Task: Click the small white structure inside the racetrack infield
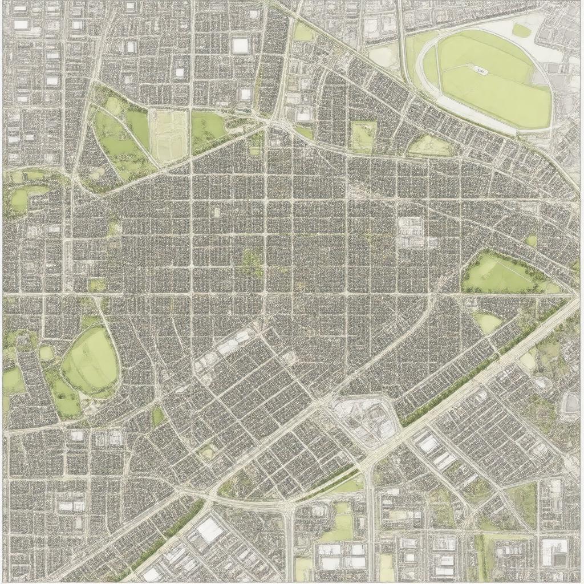coord(480,71)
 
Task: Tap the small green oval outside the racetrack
coord(521,30)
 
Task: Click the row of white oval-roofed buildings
coord(229,345)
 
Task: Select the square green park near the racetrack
coord(363,136)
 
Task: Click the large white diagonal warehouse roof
coord(209,530)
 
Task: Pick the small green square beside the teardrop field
coord(46,353)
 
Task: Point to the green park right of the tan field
coord(208,127)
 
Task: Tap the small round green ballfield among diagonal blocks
coord(207,453)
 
